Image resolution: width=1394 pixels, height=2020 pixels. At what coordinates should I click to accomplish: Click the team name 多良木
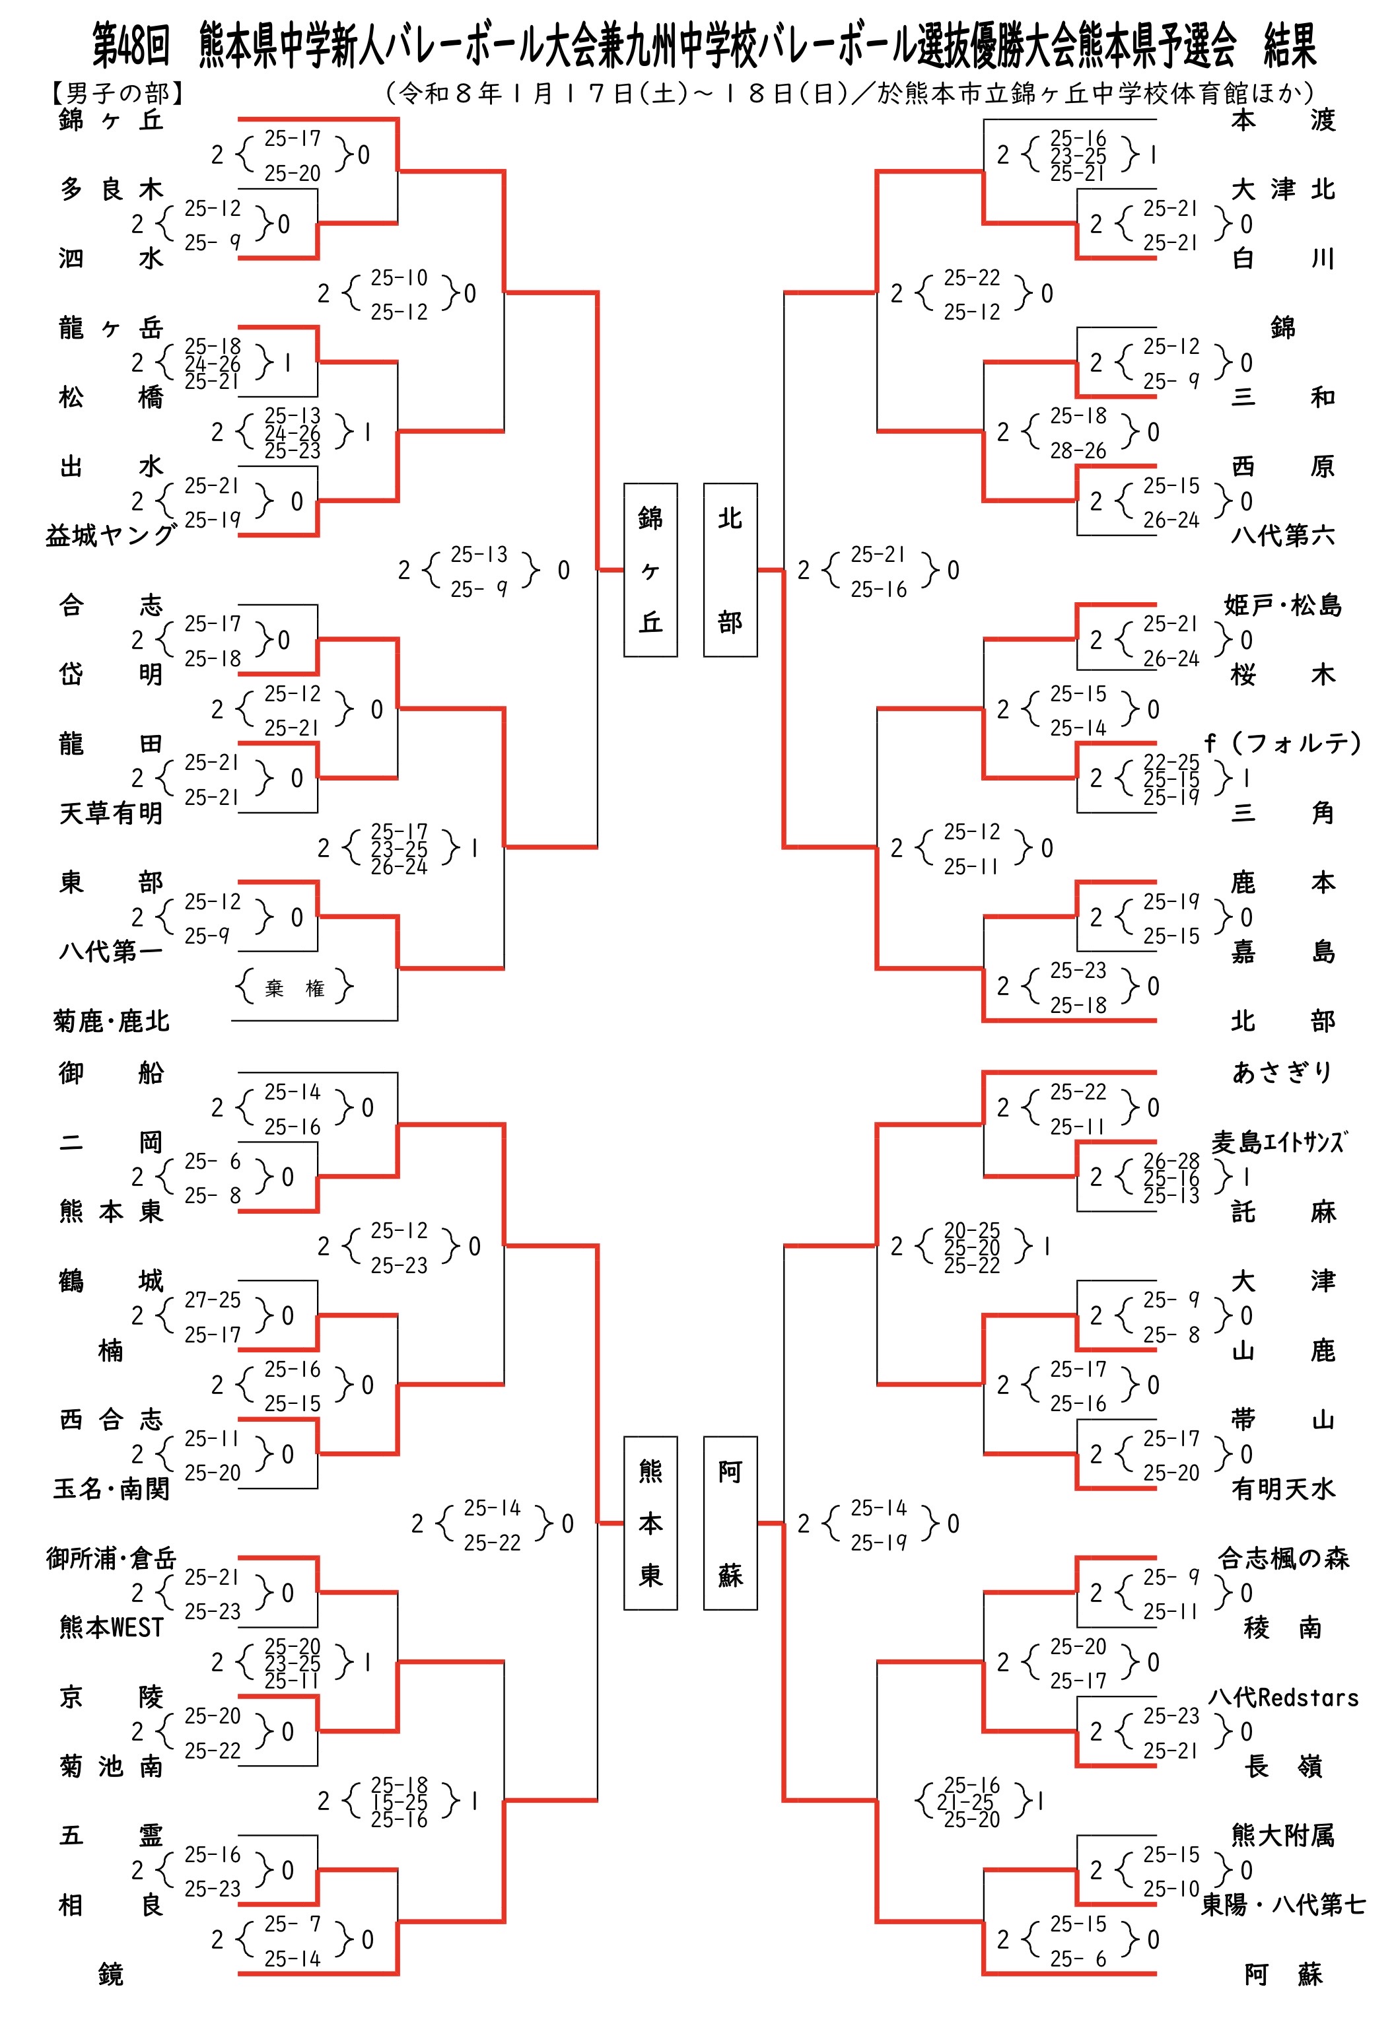tap(111, 189)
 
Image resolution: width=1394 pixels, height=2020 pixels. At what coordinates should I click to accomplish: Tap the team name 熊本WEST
tap(111, 1627)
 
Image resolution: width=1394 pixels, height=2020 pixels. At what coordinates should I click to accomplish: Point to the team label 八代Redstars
tap(1283, 1697)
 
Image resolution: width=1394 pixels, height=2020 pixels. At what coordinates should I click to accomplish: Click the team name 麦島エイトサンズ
tap(1278, 1142)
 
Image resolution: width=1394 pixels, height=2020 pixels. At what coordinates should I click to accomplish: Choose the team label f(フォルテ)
tap(1282, 743)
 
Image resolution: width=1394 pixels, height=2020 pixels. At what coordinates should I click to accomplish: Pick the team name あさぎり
tap(1282, 1072)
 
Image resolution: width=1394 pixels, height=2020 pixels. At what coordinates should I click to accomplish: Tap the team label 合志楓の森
tap(1283, 1558)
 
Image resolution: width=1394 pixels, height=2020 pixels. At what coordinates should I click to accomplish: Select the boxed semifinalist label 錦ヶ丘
tap(650, 569)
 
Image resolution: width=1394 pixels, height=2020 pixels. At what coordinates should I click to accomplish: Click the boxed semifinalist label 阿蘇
tap(730, 1523)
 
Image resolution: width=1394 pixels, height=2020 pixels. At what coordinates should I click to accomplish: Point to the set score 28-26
tap(1078, 450)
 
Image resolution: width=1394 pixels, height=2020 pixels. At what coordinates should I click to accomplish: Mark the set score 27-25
tap(212, 1300)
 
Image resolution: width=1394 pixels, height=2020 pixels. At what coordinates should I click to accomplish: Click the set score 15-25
tap(399, 1801)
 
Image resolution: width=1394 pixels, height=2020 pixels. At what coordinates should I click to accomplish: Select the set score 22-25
tap(1171, 761)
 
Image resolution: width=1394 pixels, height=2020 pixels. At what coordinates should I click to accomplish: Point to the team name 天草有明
tap(111, 813)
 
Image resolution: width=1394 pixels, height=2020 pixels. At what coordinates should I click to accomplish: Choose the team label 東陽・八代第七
tap(1283, 1904)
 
